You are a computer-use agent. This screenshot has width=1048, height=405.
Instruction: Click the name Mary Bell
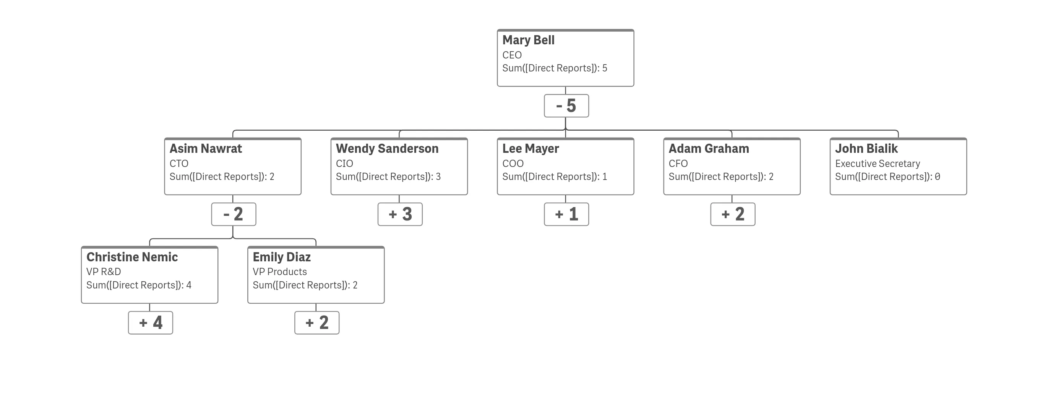[528, 40]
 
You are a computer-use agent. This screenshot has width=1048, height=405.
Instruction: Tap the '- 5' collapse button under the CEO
[566, 106]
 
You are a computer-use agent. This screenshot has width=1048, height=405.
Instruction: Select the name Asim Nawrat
[206, 149]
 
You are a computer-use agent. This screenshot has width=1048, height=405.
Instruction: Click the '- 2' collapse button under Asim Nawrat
[234, 214]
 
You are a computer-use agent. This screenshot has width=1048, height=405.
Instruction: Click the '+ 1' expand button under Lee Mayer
[566, 214]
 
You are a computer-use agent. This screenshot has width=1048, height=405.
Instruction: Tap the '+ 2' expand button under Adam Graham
[733, 214]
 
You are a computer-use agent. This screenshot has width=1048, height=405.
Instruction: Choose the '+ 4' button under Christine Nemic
[151, 323]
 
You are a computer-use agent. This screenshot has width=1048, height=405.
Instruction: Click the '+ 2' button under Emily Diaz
[317, 323]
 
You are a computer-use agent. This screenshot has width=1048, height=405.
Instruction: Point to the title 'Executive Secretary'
[878, 164]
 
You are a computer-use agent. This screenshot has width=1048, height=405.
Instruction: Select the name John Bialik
[866, 149]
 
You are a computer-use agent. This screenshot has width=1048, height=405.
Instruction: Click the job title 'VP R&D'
[103, 272]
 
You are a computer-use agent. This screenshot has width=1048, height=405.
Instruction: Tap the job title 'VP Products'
[279, 272]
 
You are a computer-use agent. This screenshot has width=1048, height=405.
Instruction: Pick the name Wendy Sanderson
[387, 149]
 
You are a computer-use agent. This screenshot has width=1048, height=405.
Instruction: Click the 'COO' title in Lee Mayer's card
[513, 164]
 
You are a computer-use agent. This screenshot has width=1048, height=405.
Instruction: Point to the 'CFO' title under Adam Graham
[678, 164]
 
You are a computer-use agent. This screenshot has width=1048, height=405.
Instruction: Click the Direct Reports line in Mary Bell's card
[555, 68]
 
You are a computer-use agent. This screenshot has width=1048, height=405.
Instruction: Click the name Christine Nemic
[132, 258]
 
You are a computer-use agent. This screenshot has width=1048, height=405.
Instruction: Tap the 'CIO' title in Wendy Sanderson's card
[344, 164]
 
